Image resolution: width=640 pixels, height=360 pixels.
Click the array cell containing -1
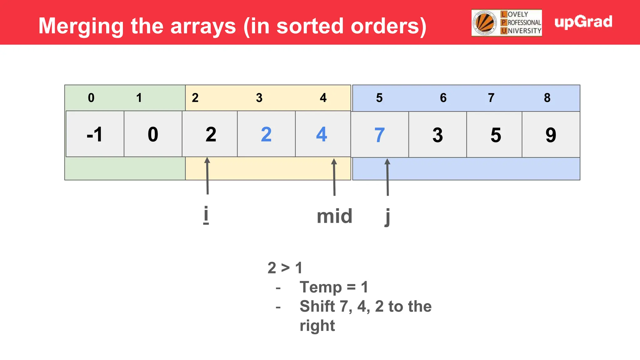[95, 134]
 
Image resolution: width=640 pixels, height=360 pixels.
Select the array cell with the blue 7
[379, 135]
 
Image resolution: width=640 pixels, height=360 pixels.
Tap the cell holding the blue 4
[322, 134]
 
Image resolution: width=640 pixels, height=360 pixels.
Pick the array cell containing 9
[551, 135]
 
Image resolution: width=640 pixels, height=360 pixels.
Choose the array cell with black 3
[437, 135]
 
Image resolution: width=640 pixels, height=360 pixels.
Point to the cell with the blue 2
[266, 134]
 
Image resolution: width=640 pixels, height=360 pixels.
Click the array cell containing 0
[153, 134]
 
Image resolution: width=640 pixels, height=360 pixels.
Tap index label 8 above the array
[547, 98]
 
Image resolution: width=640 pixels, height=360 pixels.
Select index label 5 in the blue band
[379, 98]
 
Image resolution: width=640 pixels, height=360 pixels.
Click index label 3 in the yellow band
[259, 98]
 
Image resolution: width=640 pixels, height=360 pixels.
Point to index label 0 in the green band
[91, 98]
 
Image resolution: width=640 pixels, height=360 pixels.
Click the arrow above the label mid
[334, 177]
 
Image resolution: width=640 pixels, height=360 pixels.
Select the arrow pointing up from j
[387, 177]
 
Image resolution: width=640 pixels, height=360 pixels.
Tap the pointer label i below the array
[206, 215]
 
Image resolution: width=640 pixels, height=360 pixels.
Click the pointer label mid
[334, 216]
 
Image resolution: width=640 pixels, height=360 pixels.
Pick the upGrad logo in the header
[583, 22]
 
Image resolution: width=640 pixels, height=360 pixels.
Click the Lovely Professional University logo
[507, 23]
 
